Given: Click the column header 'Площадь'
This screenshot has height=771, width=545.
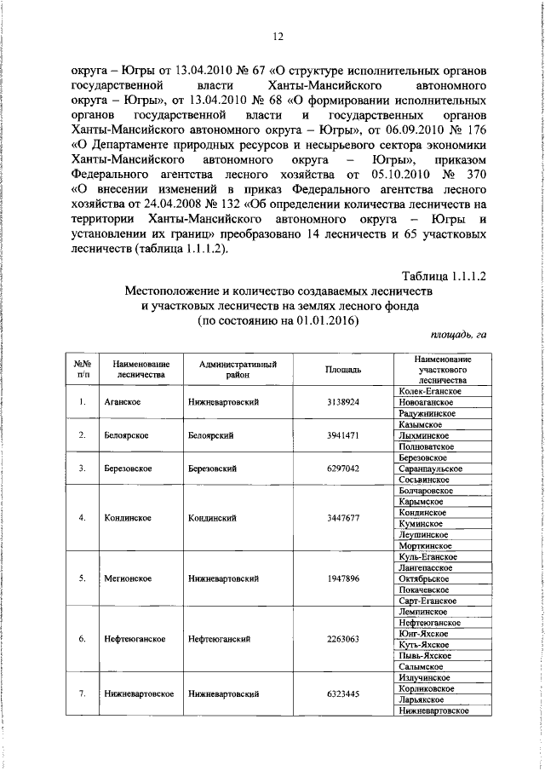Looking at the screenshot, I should pyautogui.click(x=344, y=370).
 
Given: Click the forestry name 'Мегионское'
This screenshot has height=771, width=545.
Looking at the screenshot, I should pyautogui.click(x=129, y=578).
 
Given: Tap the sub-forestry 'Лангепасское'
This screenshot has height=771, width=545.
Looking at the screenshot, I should pyautogui.click(x=427, y=568).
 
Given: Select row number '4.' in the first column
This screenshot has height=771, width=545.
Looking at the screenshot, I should pyautogui.click(x=83, y=518).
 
